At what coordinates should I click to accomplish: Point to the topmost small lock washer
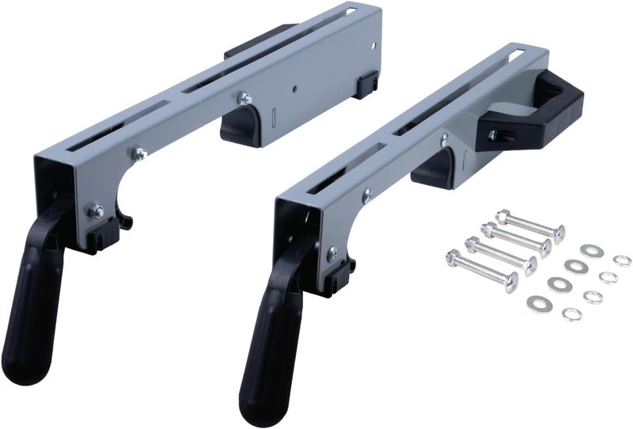[623, 260]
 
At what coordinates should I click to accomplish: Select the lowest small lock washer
[571, 314]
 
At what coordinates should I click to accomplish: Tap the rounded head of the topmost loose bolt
[559, 233]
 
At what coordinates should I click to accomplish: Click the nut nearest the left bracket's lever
[97, 211]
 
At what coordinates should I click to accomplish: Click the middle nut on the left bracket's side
[140, 154]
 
